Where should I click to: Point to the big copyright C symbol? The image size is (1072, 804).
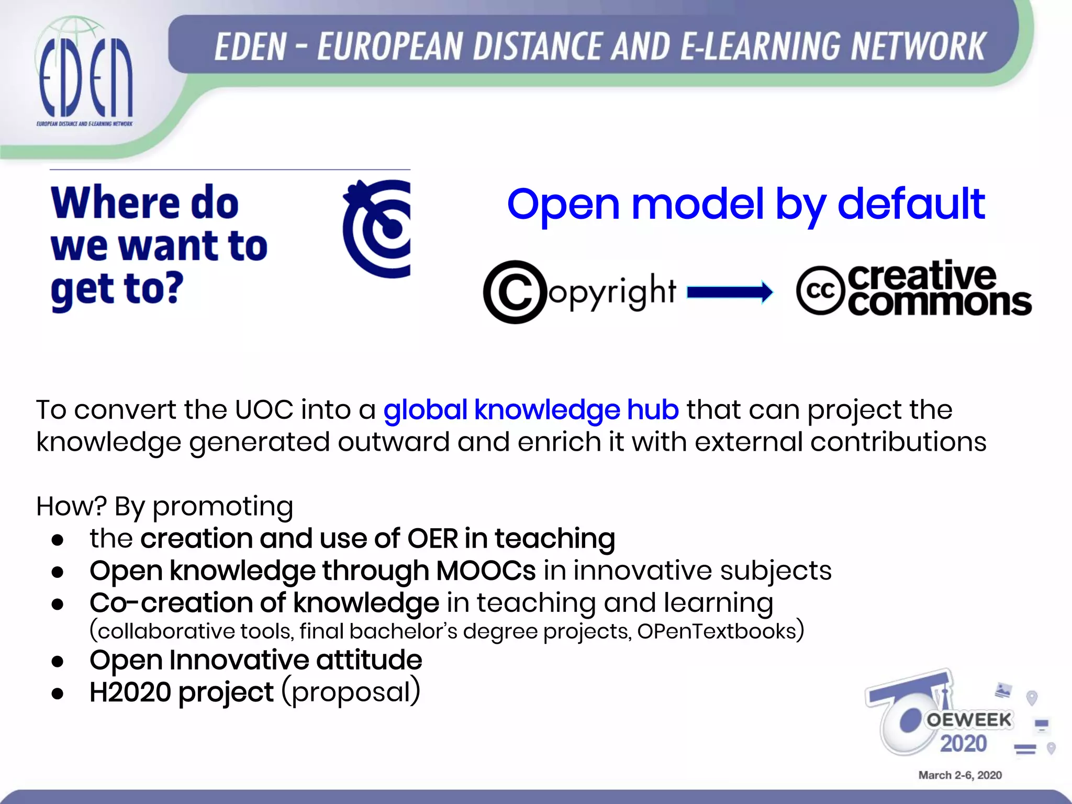tap(515, 292)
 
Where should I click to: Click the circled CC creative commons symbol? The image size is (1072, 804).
tap(820, 291)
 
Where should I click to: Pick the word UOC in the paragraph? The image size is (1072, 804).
tap(264, 409)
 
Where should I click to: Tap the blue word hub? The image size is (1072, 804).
tap(653, 409)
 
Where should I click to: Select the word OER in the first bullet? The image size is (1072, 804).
tap(432, 539)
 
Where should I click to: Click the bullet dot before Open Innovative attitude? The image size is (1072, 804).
tap(58, 661)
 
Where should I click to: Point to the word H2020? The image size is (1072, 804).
tap(130, 692)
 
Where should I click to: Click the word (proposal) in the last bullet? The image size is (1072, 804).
tap(351, 692)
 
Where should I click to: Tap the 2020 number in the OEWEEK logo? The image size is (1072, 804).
tap(963, 744)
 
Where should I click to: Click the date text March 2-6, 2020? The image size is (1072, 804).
tap(960, 775)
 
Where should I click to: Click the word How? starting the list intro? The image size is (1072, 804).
tap(71, 506)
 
